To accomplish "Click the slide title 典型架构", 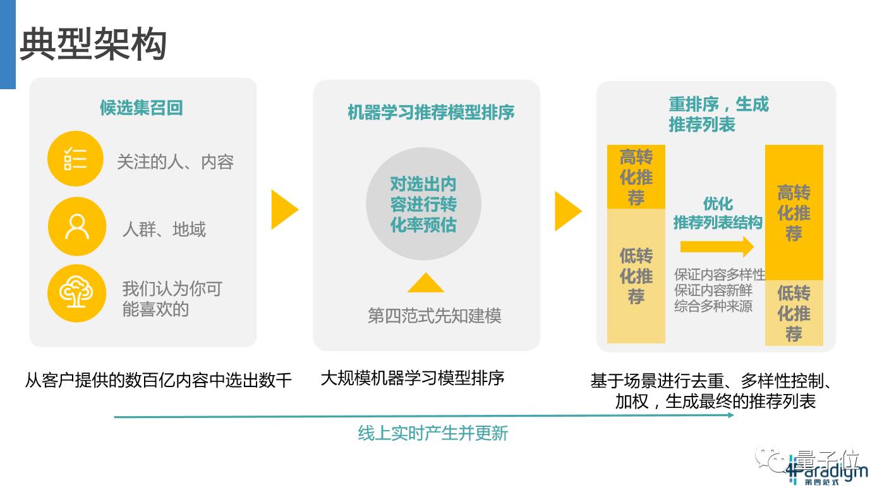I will coord(93,45).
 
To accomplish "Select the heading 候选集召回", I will coord(141,108).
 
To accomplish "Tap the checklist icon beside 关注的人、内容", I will coord(75,159).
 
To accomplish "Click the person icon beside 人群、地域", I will coord(76,226).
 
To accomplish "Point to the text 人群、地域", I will coord(164,229).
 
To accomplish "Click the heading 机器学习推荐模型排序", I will coord(431,113).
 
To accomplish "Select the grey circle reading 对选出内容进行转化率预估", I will coord(423,204).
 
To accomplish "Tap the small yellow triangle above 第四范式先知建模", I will coord(425,283).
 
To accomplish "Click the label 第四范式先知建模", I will coord(434,316).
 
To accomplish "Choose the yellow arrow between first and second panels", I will coord(284,209).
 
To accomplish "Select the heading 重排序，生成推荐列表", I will coord(718,114).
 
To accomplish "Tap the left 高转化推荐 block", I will coord(636,177).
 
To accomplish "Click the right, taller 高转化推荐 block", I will coord(794,213).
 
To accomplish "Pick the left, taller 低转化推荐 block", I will coord(636,276).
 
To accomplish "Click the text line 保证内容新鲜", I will coord(713,291).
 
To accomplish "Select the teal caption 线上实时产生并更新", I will coord(433,433).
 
